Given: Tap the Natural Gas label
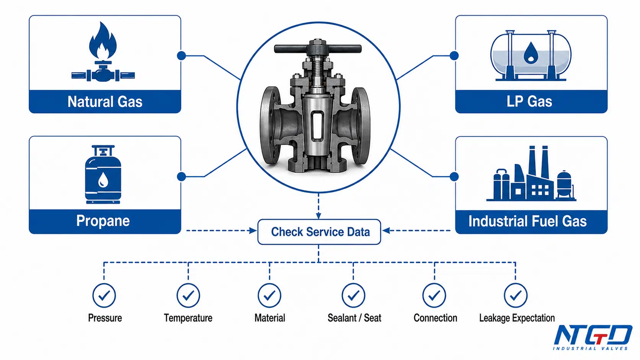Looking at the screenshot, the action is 105,102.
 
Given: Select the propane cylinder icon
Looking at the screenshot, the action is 103,174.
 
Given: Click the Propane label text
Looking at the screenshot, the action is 103,221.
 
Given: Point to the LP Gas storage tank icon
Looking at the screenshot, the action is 531,55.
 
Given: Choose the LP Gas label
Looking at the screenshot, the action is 529,101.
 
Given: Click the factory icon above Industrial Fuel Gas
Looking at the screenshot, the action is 531,174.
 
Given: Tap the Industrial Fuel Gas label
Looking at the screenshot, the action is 527,221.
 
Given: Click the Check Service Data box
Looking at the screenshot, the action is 319,232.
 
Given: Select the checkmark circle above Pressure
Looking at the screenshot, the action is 104,295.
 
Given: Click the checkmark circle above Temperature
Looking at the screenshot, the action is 188,295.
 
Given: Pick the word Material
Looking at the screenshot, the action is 270,318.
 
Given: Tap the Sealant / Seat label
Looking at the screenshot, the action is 354,318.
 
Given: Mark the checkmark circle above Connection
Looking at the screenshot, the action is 434,295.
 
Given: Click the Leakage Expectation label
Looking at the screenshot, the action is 517,318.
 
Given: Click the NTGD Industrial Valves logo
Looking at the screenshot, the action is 593,337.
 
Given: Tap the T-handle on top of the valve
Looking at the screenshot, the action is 318,49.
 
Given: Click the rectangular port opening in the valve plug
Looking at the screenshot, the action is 317,126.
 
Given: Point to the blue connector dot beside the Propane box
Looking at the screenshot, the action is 181,177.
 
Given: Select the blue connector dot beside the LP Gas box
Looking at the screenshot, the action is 454,56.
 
